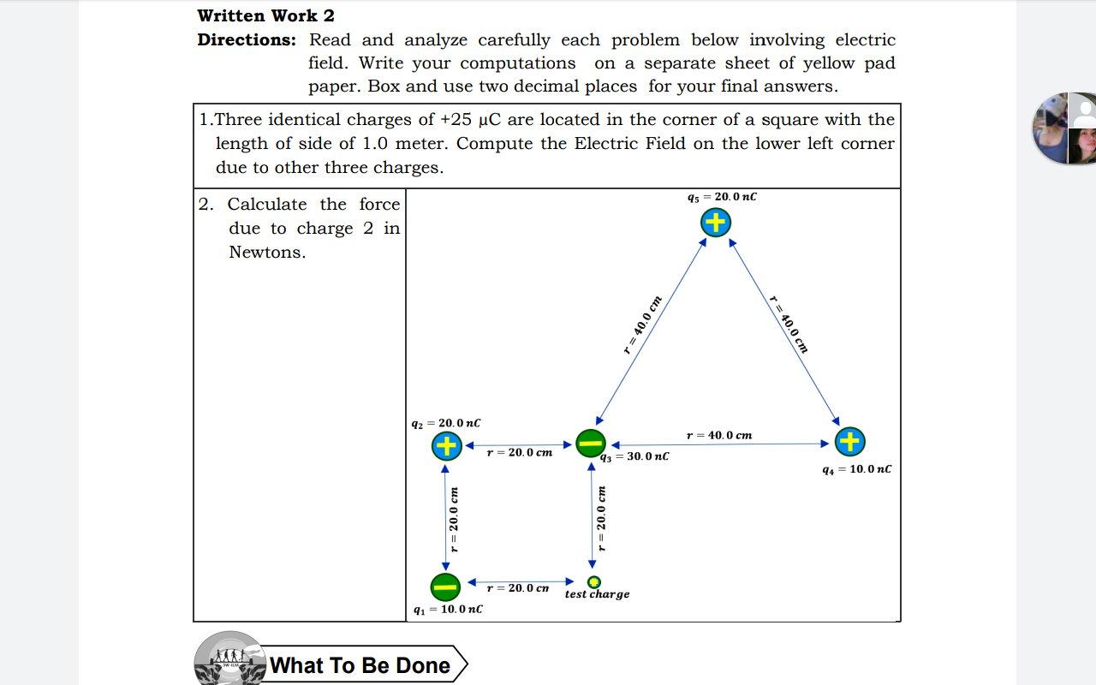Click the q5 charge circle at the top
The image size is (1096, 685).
point(715,223)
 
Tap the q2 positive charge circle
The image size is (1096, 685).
point(446,445)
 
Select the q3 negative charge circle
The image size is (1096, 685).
point(591,444)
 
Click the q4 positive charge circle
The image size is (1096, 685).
point(849,442)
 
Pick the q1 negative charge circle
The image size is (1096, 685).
point(445,587)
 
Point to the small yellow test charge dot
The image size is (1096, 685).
point(593,582)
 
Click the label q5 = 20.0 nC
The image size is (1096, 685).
point(722,197)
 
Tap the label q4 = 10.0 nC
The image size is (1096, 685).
point(856,469)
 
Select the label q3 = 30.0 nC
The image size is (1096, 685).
point(634,456)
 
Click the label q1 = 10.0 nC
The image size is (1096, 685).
point(447,609)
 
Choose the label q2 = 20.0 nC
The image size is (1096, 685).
point(445,423)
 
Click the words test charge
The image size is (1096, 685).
point(597,594)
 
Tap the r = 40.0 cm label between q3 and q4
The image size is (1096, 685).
point(719,435)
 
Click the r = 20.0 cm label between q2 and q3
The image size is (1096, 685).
point(519,452)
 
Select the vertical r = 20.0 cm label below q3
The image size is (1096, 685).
point(602,518)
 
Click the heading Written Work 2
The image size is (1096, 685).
point(265,15)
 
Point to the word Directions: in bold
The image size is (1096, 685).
point(247,39)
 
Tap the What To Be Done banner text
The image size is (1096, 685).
point(360,665)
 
